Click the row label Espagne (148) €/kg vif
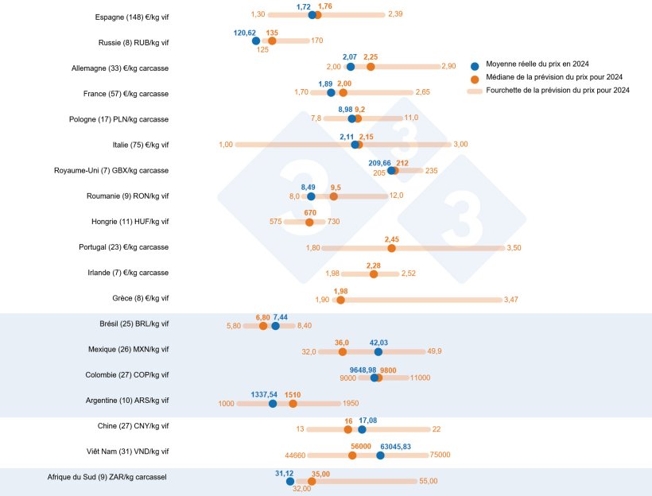coord(131,17)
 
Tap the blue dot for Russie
coord(255,41)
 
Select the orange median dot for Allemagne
coord(371,67)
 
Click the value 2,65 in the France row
coord(422,93)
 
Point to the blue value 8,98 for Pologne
coord(345,110)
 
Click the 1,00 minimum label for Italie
coord(225,145)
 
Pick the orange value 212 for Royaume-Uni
coord(402,162)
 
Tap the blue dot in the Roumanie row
coord(311,196)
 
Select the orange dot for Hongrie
coord(310,222)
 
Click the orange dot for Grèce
coord(341,300)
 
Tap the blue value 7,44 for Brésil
coord(281,317)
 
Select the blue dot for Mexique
coord(378,351)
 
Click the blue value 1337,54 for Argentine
coord(264,394)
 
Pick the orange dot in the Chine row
coord(348,429)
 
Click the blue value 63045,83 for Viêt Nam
coord(395,446)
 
